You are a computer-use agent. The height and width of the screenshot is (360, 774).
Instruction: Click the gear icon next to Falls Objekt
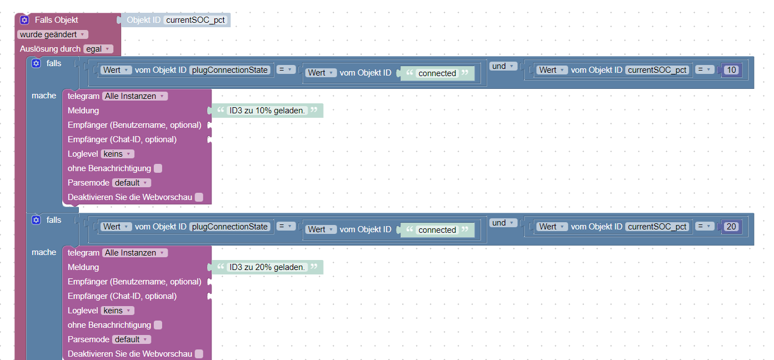[24, 20]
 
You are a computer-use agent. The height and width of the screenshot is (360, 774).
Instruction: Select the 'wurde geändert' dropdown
[53, 34]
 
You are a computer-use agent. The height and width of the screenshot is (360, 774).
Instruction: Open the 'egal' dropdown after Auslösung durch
[98, 49]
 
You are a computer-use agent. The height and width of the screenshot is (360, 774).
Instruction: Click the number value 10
[731, 70]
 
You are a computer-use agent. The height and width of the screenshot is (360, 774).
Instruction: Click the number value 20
[731, 227]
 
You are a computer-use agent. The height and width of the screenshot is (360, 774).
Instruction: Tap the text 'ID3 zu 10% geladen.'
[267, 111]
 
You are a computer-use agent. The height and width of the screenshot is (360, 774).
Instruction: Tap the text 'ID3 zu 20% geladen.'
[267, 267]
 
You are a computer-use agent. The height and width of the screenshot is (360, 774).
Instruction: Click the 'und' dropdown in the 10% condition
[502, 67]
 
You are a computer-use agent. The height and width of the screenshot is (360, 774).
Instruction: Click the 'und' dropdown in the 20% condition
[502, 223]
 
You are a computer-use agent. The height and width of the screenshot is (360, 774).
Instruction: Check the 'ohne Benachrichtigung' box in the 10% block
[158, 168]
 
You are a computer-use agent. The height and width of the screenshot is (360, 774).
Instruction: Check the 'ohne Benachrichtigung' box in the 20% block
[158, 325]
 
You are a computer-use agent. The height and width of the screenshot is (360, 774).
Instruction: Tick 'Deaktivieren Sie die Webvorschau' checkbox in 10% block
[199, 197]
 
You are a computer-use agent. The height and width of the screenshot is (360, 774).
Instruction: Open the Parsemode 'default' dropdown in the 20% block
[132, 339]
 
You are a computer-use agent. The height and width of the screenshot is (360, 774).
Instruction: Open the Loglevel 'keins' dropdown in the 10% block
[118, 154]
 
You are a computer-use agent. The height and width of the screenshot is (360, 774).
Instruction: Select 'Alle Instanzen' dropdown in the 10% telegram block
[135, 96]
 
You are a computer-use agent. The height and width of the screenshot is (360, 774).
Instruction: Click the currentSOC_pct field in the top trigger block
[195, 20]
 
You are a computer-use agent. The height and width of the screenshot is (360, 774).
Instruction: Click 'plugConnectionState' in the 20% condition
[230, 227]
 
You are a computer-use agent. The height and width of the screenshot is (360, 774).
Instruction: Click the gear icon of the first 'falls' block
[36, 63]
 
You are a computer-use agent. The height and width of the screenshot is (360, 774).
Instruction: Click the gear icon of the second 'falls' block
[36, 220]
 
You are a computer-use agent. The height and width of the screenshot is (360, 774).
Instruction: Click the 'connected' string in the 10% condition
[437, 73]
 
